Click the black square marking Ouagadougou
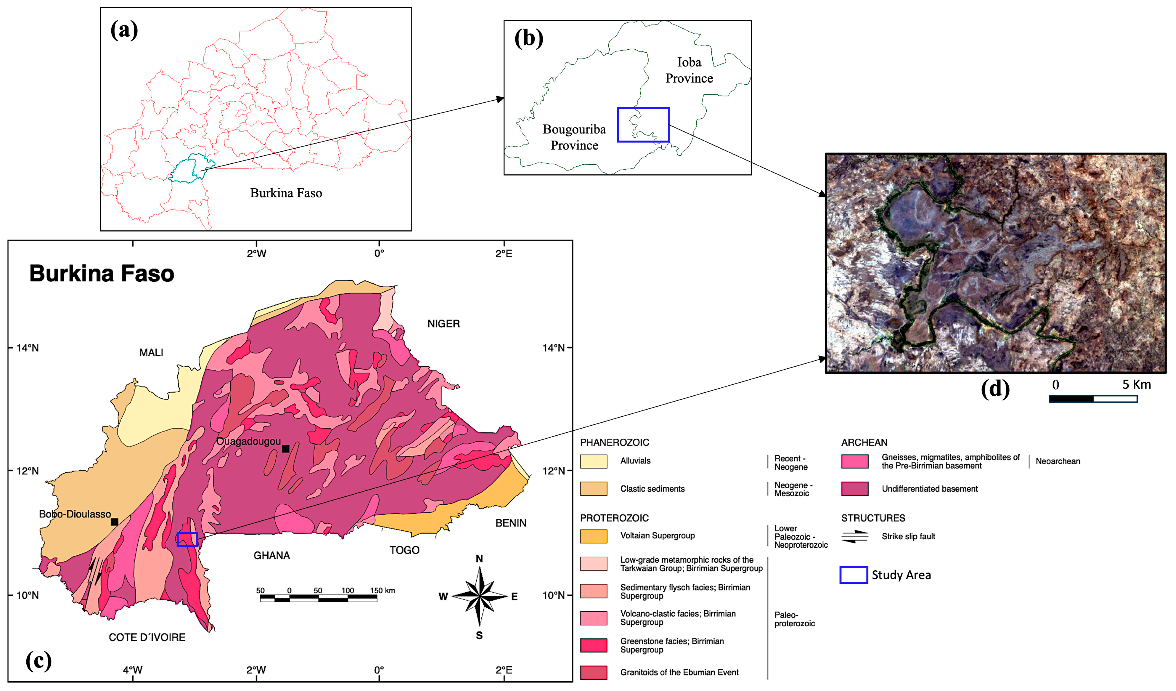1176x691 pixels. [x=286, y=449]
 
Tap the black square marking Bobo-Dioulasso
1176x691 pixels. [x=114, y=522]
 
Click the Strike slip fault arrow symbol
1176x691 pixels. [x=855, y=537]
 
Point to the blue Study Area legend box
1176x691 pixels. [x=853, y=575]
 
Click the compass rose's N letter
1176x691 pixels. [x=479, y=558]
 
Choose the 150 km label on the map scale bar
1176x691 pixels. [x=382, y=590]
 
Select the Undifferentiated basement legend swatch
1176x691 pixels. [x=855, y=489]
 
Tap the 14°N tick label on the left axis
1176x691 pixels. [x=27, y=348]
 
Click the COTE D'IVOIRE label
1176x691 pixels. [x=147, y=637]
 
